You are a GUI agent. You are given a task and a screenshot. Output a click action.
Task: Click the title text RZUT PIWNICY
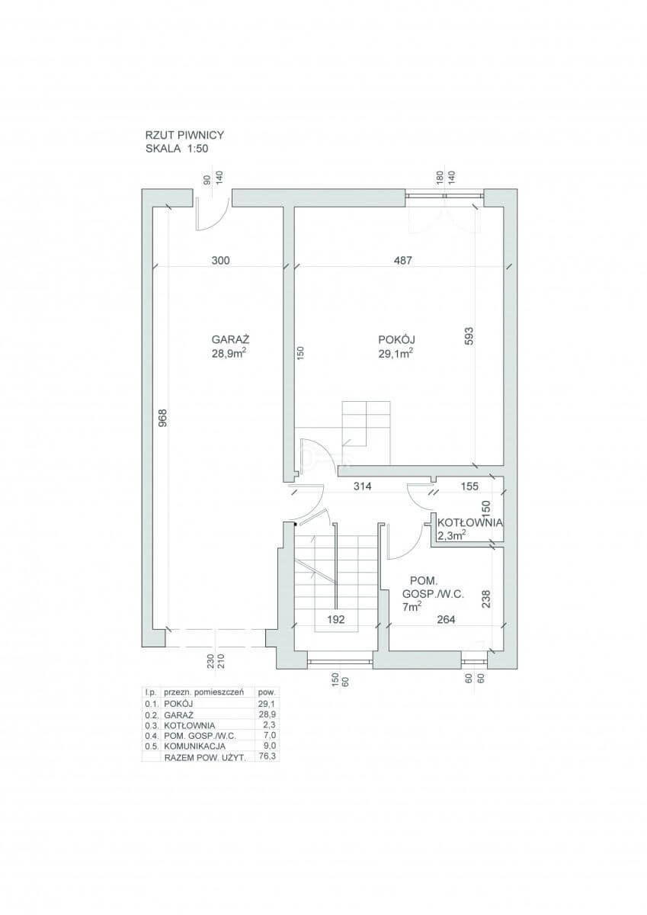184,135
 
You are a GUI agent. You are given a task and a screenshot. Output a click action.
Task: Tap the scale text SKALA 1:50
177,149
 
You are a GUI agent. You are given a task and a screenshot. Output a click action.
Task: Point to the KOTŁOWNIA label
470,522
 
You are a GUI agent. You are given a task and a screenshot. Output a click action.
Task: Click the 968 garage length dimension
163,419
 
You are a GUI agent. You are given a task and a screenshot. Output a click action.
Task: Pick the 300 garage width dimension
221,260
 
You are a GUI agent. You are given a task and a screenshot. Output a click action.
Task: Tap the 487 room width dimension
403,260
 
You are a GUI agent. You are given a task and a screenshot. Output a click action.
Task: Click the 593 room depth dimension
469,335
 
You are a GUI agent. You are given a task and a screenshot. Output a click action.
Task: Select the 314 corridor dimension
363,486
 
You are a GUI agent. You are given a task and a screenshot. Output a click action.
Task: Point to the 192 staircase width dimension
336,620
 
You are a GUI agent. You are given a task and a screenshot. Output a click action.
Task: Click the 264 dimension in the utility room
446,620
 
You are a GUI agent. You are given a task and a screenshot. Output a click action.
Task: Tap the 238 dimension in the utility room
485,598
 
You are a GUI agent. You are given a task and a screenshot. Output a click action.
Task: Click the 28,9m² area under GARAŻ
228,353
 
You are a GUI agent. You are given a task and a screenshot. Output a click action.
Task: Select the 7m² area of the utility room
412,607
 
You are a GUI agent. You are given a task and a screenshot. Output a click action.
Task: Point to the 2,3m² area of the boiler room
451,535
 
